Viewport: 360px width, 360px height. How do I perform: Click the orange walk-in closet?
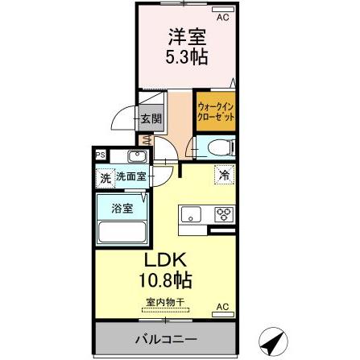point(215,110)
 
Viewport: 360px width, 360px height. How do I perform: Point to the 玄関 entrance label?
point(151,118)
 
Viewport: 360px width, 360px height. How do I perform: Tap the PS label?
point(101,156)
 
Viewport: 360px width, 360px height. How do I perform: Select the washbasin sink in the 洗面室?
point(135,157)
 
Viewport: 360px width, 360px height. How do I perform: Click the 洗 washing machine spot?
point(105,177)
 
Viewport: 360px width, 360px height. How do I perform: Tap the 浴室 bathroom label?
point(121,206)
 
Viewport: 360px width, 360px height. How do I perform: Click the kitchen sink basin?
point(191,215)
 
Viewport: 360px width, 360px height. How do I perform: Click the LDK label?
point(165,262)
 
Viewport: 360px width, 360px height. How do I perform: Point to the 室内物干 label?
point(166,303)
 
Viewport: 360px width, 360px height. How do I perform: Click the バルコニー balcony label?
point(165,338)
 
